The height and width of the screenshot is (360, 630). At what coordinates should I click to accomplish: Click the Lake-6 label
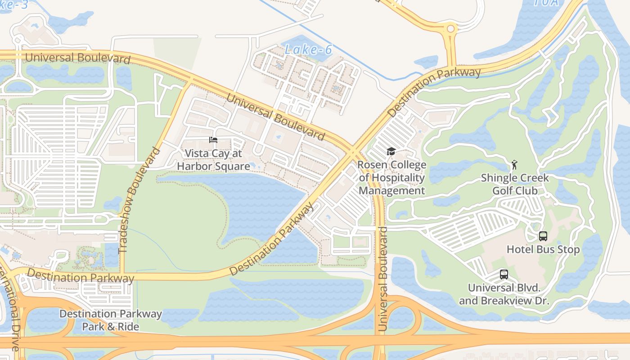[x=308, y=49]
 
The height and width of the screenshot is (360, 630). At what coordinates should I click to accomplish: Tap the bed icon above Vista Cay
[x=213, y=140]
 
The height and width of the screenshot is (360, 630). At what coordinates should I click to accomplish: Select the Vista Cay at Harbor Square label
[x=213, y=160]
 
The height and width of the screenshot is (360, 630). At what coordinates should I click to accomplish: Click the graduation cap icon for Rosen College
[x=391, y=152]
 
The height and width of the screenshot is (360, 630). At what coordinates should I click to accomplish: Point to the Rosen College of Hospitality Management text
[x=391, y=178]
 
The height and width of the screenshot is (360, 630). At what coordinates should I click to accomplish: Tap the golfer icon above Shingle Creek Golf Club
[x=514, y=165]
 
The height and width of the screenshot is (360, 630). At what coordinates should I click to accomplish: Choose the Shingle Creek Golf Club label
[x=515, y=184]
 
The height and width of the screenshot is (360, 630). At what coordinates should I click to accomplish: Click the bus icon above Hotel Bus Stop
[x=543, y=236]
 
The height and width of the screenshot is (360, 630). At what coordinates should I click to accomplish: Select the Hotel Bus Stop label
[x=543, y=249]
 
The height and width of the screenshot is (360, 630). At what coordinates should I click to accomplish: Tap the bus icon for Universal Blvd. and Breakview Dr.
[x=504, y=274]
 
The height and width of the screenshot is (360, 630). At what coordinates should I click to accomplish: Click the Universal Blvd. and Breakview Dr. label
[x=504, y=294]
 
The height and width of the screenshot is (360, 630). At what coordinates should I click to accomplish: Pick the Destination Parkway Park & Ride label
[x=111, y=320]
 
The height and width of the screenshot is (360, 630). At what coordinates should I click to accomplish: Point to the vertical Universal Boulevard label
[x=383, y=279]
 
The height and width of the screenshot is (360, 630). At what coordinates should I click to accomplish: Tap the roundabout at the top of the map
[x=450, y=29]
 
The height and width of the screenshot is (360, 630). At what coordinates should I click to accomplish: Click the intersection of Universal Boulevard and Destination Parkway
[x=353, y=152]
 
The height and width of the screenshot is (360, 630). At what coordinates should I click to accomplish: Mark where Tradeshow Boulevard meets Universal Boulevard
[x=187, y=82]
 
